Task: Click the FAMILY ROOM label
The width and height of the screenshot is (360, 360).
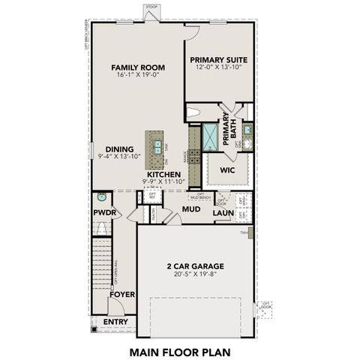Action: tap(138, 67)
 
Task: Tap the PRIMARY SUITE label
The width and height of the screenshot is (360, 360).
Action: tap(219, 59)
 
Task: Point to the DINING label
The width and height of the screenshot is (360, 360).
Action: tap(119, 148)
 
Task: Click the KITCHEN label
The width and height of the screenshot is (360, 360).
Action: tap(163, 174)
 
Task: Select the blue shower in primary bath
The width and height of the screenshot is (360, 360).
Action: tap(211, 135)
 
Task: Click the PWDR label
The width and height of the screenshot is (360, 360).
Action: tap(104, 212)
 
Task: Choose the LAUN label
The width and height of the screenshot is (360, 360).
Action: tap(222, 213)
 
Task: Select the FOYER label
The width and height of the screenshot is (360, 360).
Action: tap(121, 295)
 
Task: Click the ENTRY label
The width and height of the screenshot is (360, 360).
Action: tap(115, 322)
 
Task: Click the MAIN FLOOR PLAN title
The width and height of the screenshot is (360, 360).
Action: tap(179, 349)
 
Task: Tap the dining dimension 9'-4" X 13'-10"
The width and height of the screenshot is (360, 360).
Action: tap(120, 157)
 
